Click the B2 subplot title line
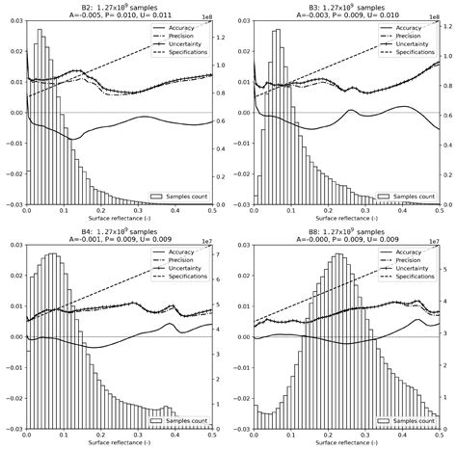tap(120, 6)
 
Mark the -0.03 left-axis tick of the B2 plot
tap(13, 205)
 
